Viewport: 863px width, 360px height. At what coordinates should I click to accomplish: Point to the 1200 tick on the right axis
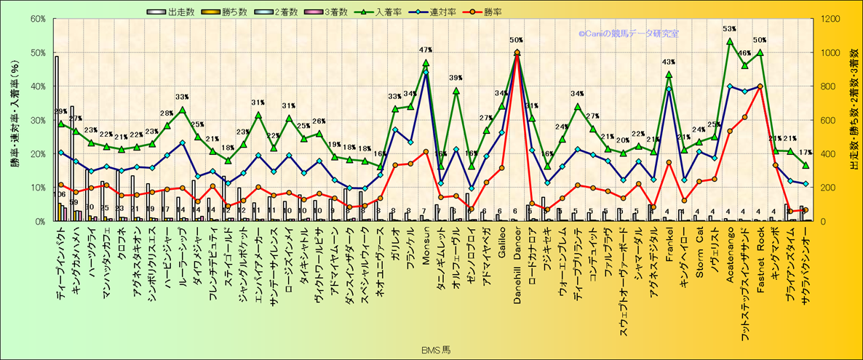tap(831, 19)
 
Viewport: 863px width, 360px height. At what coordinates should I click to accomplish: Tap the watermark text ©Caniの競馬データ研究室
tap(629, 33)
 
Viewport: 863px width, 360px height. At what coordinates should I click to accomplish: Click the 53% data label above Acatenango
tap(730, 30)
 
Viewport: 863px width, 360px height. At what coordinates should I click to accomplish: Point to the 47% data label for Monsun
tap(426, 50)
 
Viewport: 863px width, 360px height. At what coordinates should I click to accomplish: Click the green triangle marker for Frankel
tap(669, 74)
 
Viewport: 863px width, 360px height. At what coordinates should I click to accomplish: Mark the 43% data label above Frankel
tap(669, 63)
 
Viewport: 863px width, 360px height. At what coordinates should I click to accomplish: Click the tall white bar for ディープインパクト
tap(57, 138)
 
